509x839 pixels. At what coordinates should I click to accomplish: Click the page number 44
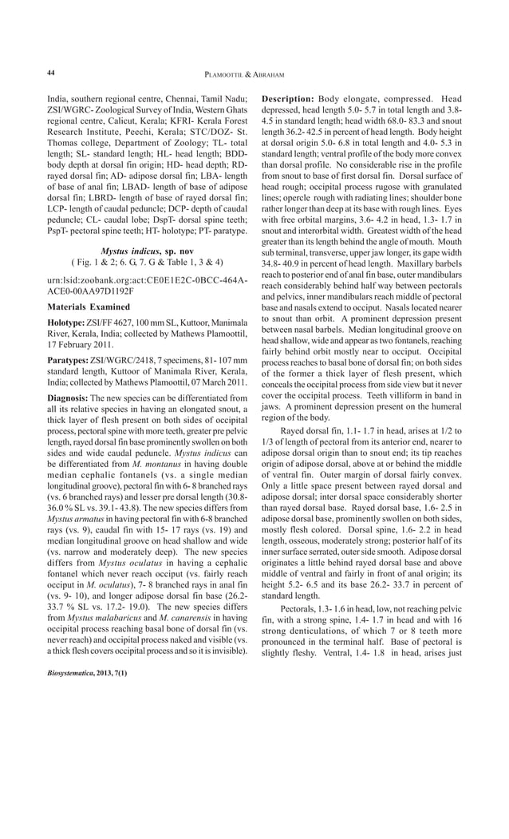tap(50, 73)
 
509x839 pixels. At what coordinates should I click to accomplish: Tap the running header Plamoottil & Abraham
tap(254, 73)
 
